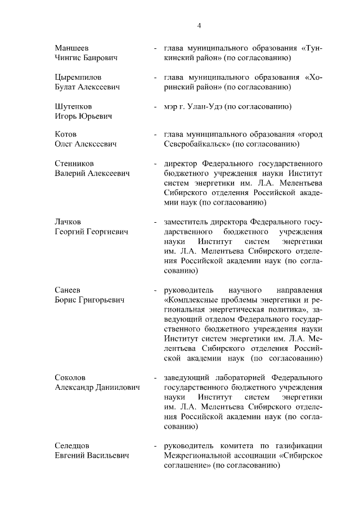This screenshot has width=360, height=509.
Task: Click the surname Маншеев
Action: tap(71, 48)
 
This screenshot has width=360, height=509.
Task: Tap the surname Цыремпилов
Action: tap(78, 77)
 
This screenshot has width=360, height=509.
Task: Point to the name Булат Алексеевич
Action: tap(87, 87)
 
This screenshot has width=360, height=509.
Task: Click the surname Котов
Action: tap(65, 134)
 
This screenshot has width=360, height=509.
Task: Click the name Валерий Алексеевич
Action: tap(92, 174)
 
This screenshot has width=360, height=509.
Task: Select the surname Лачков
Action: tap(67, 222)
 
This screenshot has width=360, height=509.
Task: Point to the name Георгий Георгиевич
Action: tap(92, 232)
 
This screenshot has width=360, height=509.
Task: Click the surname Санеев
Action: tap(68, 290)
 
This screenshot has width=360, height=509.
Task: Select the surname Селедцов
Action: tap(73, 446)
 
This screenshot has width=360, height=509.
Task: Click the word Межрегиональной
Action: tap(197, 456)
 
